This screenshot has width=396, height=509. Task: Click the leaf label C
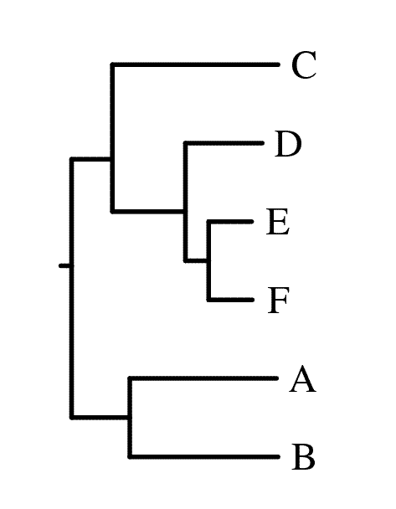[x=304, y=65]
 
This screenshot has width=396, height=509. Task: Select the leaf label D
[x=288, y=144]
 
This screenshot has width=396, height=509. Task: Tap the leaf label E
[x=278, y=222]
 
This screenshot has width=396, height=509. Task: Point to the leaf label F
[x=278, y=301]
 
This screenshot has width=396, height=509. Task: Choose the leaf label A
[x=302, y=378]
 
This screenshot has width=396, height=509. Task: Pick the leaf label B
[x=303, y=457]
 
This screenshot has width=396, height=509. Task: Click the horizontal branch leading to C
[x=195, y=65]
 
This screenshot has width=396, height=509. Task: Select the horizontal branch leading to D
[x=224, y=143]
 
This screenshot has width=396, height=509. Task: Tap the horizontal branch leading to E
[x=230, y=222]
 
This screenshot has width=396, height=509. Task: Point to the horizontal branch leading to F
[x=230, y=300]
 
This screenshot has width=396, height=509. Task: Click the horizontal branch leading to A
[x=203, y=378]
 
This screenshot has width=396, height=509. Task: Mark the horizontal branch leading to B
[x=203, y=457]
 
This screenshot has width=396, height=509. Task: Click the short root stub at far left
[x=64, y=266]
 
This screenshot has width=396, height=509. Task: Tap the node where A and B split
[x=130, y=417]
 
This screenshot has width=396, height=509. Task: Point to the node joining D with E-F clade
[x=186, y=212]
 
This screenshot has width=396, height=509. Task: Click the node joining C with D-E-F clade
[x=113, y=159]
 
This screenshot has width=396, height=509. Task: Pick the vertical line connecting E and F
[x=209, y=260]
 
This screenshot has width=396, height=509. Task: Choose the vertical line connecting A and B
[x=130, y=418]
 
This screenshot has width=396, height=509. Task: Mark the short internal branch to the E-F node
[x=197, y=260]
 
